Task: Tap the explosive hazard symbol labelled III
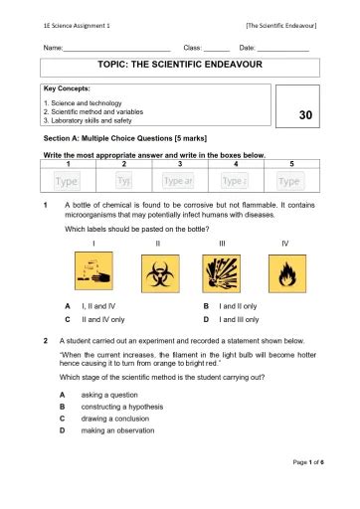point(222,271)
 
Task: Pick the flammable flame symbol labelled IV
point(285,271)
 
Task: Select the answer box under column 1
point(67,181)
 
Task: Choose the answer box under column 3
point(179,181)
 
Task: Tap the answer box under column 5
point(290,181)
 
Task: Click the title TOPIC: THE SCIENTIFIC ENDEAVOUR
point(178,66)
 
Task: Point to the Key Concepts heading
point(69,89)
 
